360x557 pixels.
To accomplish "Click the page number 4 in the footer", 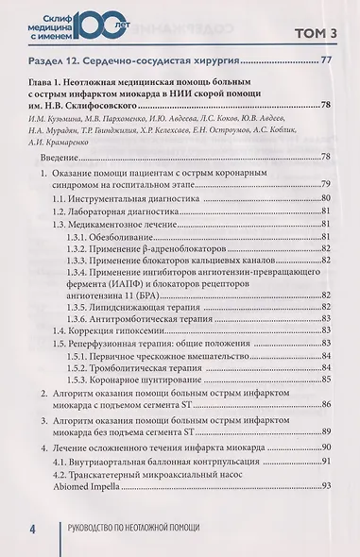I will click(31, 529).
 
